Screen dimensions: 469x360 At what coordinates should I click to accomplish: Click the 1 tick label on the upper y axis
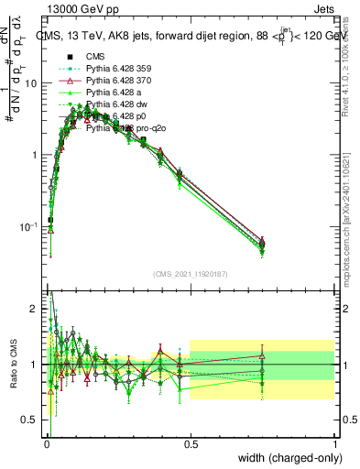[36, 155]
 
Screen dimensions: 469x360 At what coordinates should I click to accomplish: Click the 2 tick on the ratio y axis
[36, 310]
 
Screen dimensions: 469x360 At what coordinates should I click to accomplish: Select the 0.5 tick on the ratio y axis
[33, 420]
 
